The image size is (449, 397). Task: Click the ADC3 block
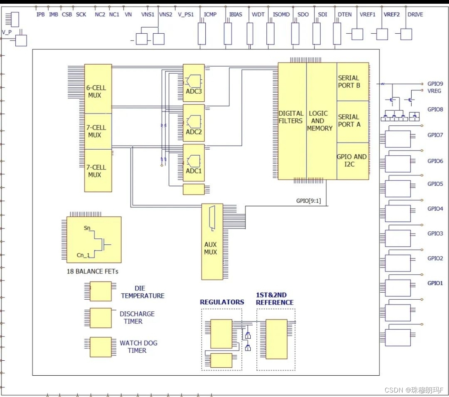coord(194,83)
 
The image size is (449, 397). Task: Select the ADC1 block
coord(194,163)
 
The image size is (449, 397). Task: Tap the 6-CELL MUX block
coord(98,89)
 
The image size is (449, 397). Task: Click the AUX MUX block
coord(212,242)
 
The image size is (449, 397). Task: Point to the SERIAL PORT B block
coord(353,82)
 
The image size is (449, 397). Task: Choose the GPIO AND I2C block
coord(353,161)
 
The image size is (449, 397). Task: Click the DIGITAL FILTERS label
coord(290,117)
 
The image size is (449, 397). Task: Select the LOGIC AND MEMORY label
coord(320,121)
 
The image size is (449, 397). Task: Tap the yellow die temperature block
coord(101,291)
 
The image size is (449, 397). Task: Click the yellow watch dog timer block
coord(101,347)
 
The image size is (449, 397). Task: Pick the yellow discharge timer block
coord(101,318)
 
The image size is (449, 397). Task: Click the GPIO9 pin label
coord(435,84)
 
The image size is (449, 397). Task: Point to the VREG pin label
coord(434,91)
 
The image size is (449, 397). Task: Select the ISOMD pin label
coord(281,15)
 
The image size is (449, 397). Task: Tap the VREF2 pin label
coord(392,15)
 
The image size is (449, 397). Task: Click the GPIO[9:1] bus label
coord(308,201)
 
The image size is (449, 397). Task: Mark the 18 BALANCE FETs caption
coord(92,271)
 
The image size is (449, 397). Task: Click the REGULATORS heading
coord(222,302)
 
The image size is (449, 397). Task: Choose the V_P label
coord(7,32)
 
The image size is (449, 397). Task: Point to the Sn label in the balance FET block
coord(87,228)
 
